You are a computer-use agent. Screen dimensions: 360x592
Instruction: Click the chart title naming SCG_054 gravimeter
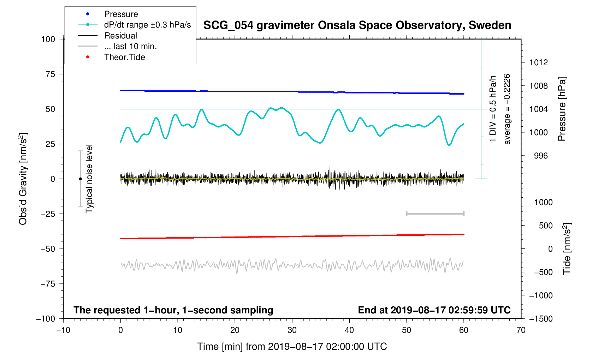[357, 25]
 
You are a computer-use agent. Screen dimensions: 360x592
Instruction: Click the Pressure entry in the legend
[121, 14]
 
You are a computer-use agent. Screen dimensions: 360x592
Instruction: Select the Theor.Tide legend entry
[124, 57]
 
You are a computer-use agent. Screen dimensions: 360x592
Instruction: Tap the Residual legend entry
[120, 36]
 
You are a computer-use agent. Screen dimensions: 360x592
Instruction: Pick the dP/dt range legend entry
[147, 25]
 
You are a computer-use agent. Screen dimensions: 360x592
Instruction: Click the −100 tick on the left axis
[46, 319]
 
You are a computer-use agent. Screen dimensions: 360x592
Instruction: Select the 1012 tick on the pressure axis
[538, 62]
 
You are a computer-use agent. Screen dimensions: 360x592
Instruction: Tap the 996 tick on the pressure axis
[540, 156]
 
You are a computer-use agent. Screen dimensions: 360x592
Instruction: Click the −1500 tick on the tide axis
[540, 319]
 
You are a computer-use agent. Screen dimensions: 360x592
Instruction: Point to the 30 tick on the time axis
[292, 330]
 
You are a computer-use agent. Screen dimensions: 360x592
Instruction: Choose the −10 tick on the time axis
[63, 330]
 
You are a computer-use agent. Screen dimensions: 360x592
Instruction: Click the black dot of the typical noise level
[80, 179]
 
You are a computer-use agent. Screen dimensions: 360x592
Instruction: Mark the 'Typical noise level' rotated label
[89, 179]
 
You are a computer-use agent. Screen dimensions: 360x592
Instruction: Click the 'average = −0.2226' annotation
[507, 109]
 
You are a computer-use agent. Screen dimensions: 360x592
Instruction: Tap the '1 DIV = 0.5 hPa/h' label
[493, 109]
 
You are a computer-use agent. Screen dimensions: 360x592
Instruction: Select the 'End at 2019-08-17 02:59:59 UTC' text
[434, 310]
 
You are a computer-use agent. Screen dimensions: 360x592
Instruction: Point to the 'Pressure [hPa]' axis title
[562, 109]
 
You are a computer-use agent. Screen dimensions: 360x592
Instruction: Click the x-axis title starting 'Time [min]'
[292, 347]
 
